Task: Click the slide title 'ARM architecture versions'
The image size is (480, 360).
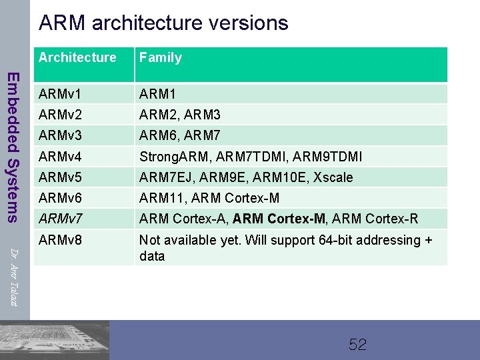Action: (x=163, y=23)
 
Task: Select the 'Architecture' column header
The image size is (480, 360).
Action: (x=77, y=58)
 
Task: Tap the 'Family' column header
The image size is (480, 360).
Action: (x=160, y=58)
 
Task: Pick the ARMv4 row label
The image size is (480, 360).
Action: (x=61, y=157)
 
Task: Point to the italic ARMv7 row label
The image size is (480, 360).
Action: (x=61, y=218)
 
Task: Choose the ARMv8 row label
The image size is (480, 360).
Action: (x=61, y=240)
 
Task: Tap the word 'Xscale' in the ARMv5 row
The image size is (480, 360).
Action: (x=330, y=177)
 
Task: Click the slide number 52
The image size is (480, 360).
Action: (x=358, y=345)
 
